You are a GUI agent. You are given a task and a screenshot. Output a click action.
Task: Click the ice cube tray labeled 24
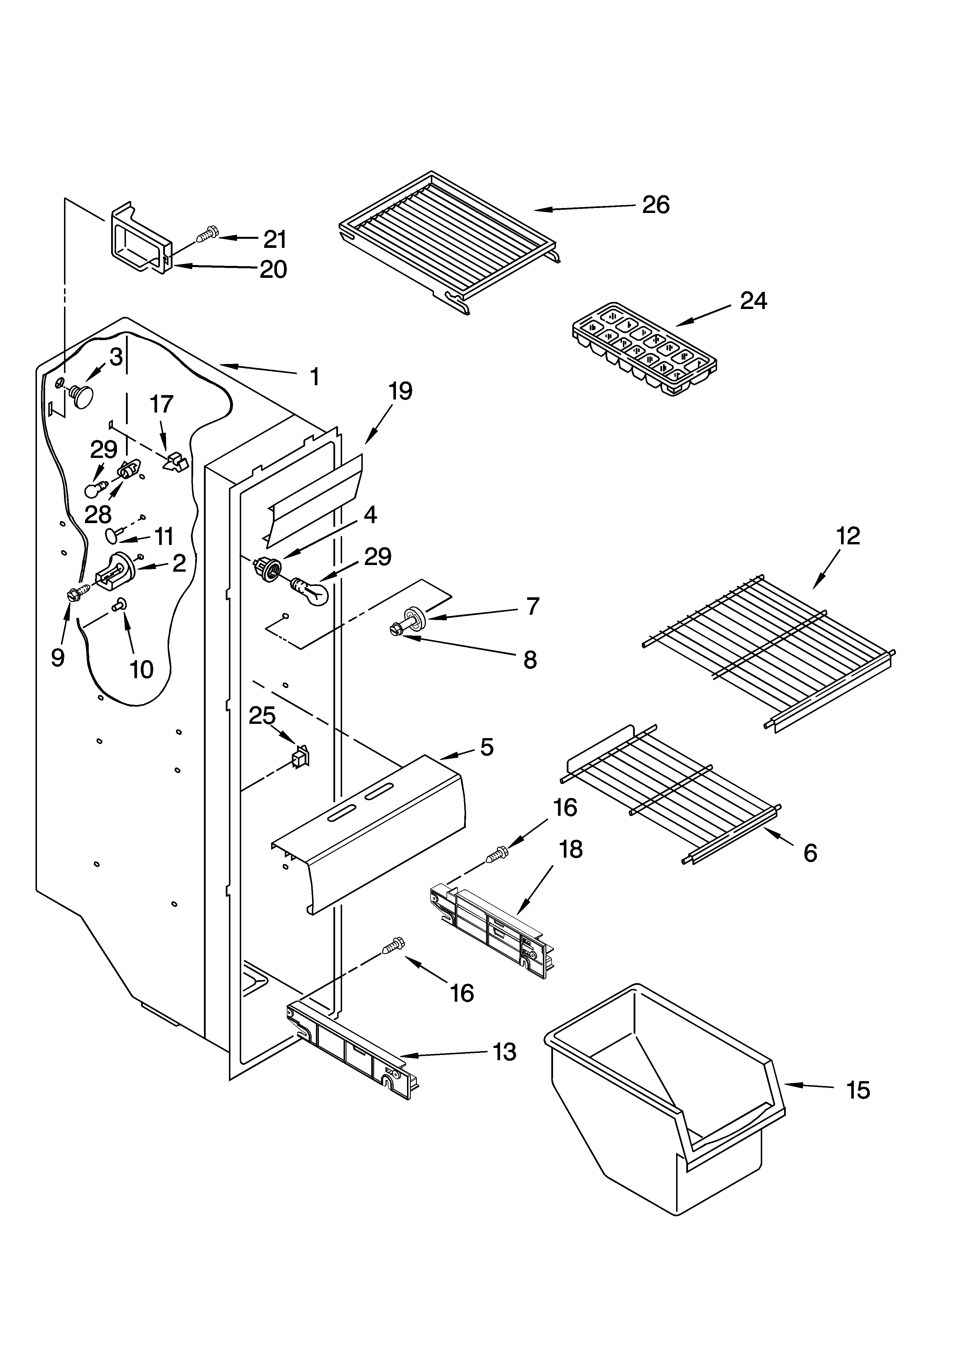644,349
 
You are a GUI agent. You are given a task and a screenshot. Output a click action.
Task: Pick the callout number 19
400,391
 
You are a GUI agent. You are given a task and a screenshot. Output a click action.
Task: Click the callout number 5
486,747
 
